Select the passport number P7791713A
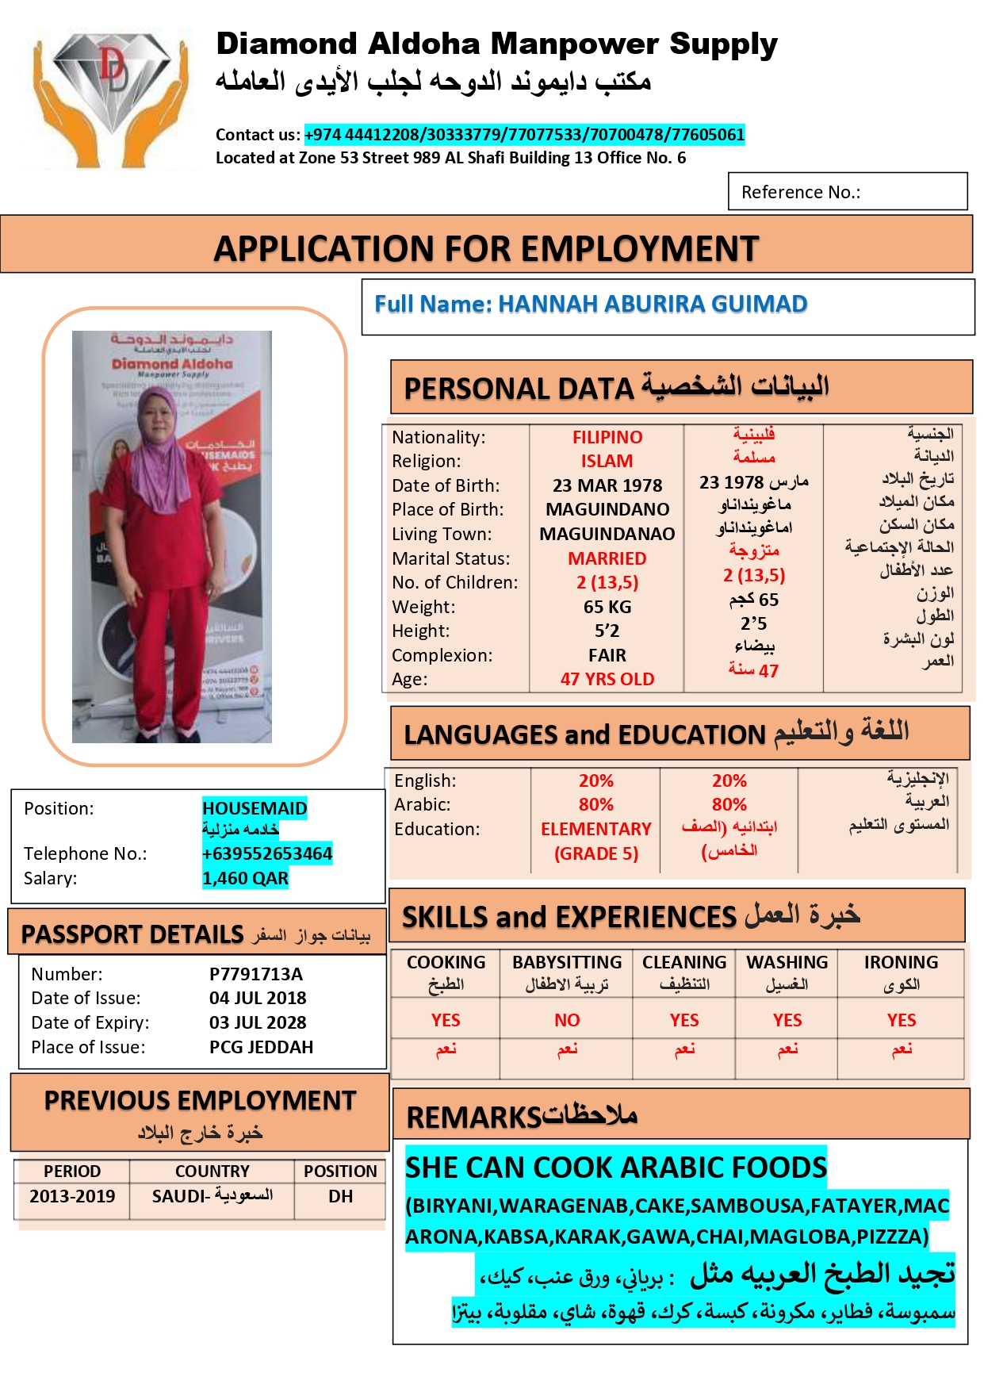(256, 974)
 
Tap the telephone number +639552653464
(267, 853)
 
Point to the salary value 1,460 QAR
(245, 878)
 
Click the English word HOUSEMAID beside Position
(255, 808)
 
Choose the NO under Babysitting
(567, 1020)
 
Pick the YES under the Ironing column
(902, 1020)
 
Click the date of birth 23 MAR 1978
(607, 485)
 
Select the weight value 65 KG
(607, 607)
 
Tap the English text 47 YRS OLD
(607, 679)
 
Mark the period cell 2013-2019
(72, 1196)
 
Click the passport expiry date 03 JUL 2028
(258, 1022)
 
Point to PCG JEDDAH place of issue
(261, 1047)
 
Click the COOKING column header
(446, 962)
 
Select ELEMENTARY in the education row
(596, 829)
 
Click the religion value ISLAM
(607, 461)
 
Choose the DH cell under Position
(340, 1196)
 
